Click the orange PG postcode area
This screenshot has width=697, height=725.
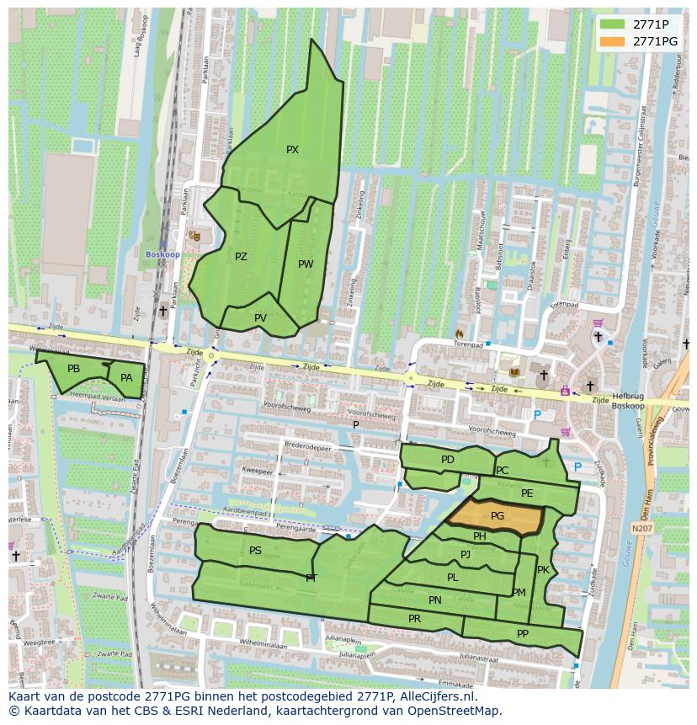[x=497, y=516]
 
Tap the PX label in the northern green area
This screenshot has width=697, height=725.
[x=292, y=150]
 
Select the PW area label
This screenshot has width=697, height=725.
[x=306, y=264]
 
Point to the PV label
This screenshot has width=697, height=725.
[x=260, y=318]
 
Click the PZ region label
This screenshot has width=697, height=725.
[x=241, y=257]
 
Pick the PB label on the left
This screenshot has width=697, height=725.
[x=73, y=369]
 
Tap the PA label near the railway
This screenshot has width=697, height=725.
[x=126, y=378]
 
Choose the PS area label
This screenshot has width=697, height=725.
[x=255, y=551]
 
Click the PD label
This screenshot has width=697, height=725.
[x=447, y=460]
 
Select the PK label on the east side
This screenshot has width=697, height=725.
[x=543, y=570]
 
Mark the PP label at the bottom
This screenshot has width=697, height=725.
[x=523, y=634]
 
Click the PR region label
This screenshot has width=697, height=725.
[x=414, y=619]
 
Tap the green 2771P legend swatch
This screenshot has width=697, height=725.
[x=613, y=24]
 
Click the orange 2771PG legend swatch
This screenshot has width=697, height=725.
[x=613, y=41]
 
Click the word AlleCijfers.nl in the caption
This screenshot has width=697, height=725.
[x=434, y=696]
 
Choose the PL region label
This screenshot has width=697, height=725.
[x=452, y=578]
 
